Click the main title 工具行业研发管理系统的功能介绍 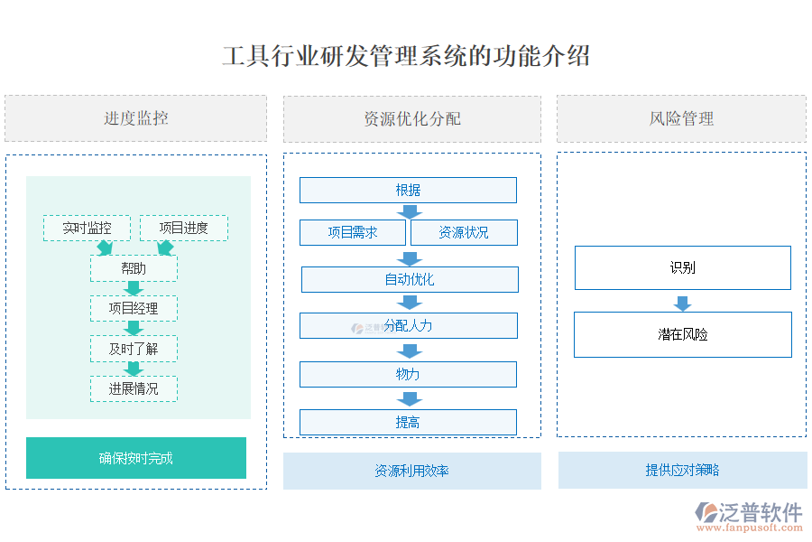point(406,56)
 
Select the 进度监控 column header point(135,118)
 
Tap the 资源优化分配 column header point(411,119)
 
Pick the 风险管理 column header point(681,119)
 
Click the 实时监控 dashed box point(87,228)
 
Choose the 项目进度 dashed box point(183,228)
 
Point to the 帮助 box point(134,268)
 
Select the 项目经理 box point(134,308)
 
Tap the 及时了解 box point(134,349)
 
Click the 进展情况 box point(134,388)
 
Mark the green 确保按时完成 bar point(135,458)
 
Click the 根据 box point(408,190)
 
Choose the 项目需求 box point(353,232)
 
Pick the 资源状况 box point(464,232)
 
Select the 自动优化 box point(410,279)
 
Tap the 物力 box point(408,374)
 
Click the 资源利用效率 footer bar point(411,471)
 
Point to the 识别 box point(682,267)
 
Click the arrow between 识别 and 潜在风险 point(682,303)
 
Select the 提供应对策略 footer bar point(682,470)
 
